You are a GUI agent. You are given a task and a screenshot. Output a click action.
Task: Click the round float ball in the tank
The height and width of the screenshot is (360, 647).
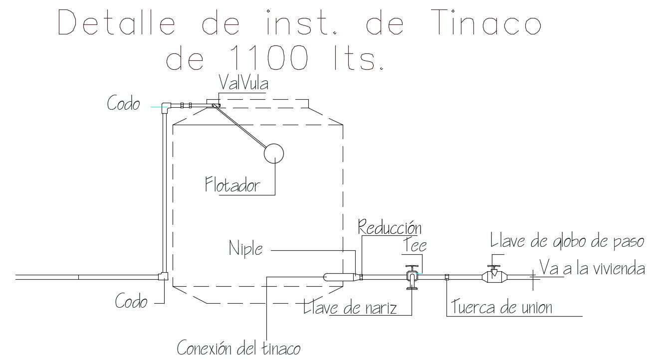tap(273, 153)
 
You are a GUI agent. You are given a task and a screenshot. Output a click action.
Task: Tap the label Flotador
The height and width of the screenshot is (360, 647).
tap(232, 185)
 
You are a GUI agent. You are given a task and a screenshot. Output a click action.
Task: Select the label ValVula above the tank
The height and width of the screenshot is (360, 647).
tap(243, 84)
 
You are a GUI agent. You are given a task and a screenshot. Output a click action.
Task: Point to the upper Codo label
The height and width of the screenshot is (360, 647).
tap(123, 104)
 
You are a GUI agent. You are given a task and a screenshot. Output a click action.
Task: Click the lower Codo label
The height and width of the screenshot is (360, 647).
tap(131, 301)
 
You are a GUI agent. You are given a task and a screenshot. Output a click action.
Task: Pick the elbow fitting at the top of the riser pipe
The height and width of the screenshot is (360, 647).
tap(166, 106)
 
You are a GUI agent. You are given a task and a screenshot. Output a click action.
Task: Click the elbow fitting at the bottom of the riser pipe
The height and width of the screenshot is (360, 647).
tap(163, 276)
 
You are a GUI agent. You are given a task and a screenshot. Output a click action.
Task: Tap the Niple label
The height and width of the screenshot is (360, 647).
tap(245, 248)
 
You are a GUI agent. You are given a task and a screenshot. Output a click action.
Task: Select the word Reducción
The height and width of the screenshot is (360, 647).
tap(390, 228)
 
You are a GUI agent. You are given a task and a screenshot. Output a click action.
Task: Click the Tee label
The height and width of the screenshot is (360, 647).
tap(415, 245)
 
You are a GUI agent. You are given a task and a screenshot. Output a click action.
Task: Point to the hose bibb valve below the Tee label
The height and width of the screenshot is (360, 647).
tap(412, 277)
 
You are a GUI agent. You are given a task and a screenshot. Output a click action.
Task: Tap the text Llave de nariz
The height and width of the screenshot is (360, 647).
tap(351, 308)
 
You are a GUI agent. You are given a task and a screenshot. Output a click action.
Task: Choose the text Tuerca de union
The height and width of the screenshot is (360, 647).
tap(502, 307)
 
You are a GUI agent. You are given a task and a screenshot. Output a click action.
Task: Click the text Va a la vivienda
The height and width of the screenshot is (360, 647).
tap(592, 269)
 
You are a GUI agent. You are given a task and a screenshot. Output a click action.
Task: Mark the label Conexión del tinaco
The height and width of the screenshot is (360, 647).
tap(239, 347)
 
